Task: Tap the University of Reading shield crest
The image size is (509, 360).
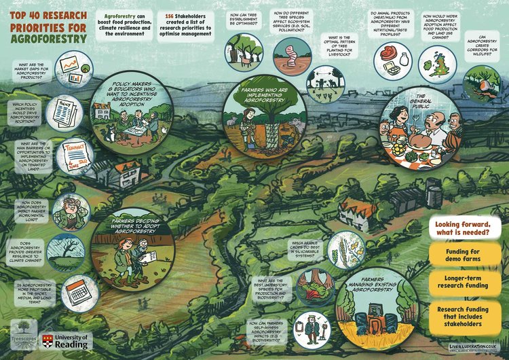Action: coord(47,341)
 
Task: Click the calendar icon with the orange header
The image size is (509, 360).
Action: coord(77,293)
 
